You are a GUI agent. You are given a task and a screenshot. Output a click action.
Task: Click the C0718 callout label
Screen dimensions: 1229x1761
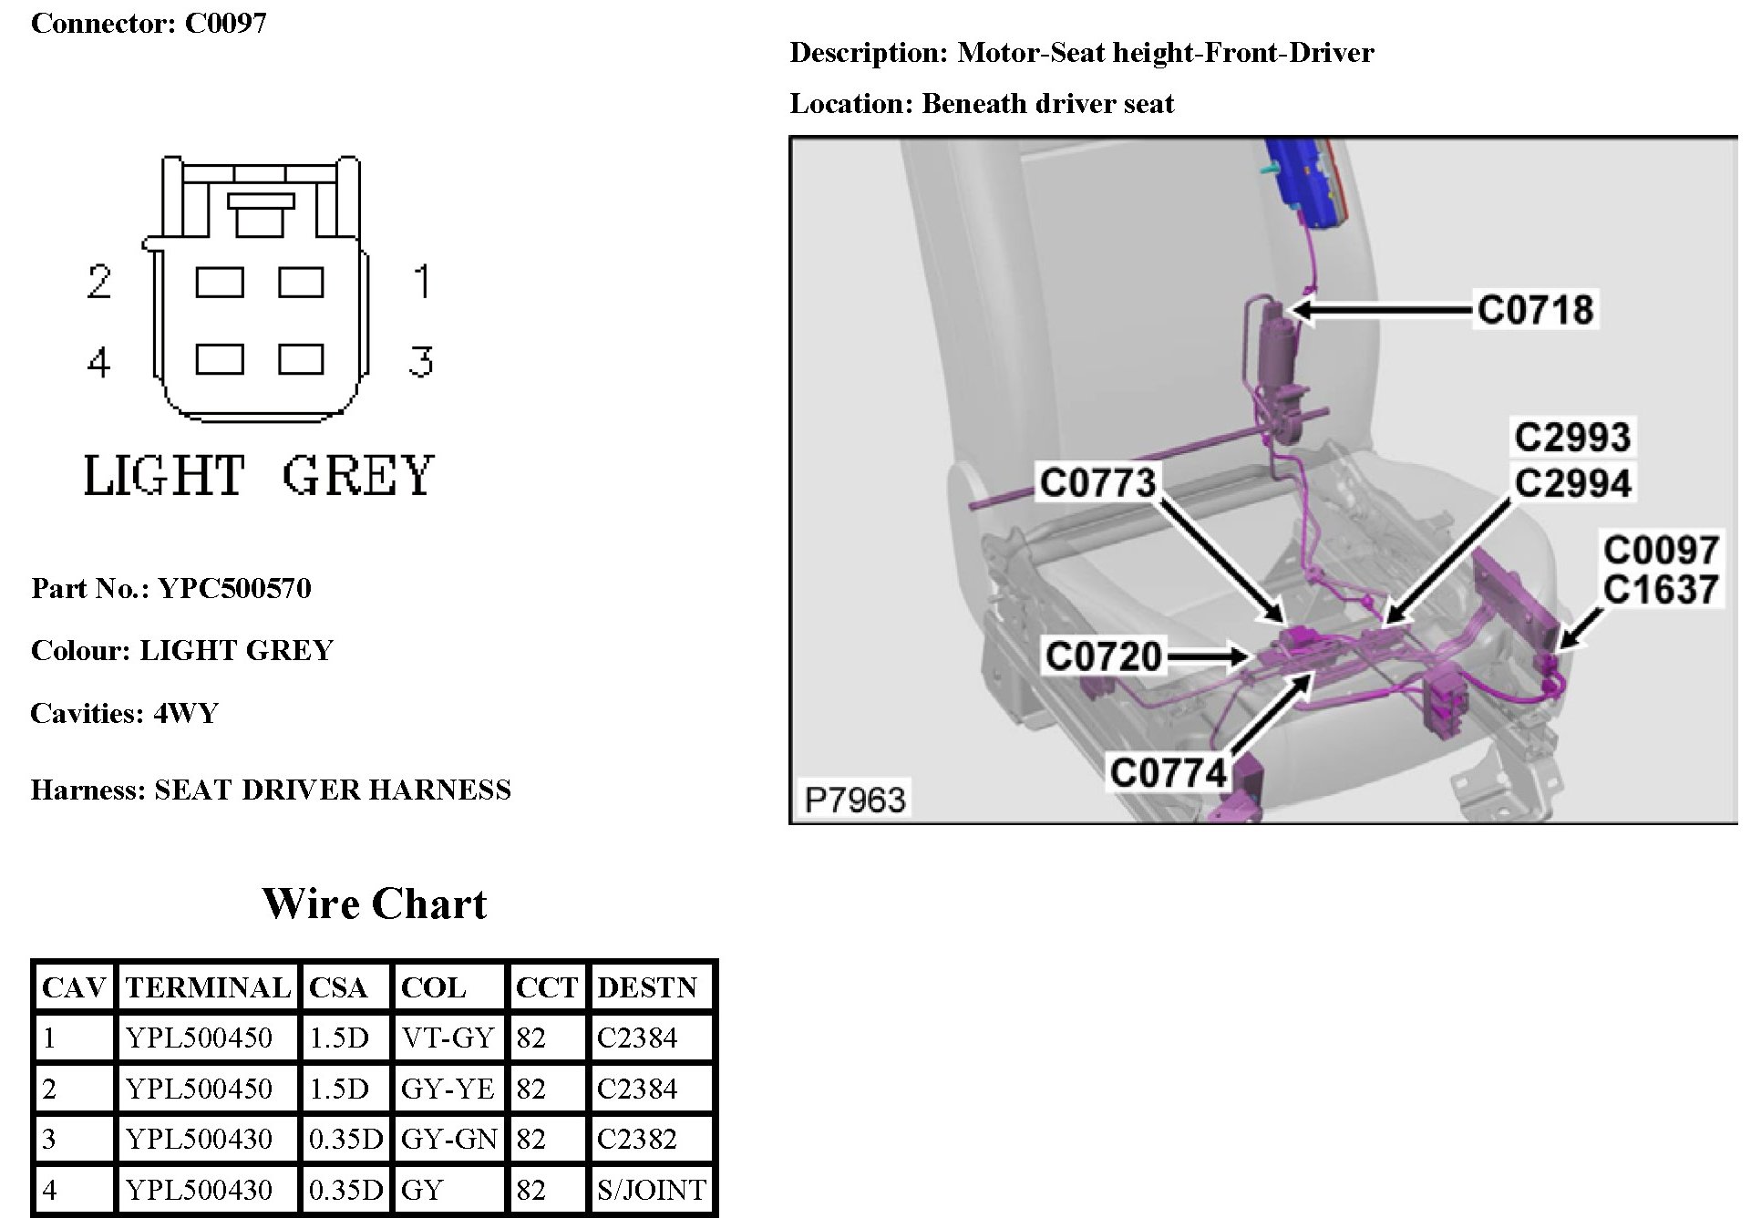(1535, 310)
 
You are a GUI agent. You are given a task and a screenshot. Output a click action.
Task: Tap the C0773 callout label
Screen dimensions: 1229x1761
(1097, 482)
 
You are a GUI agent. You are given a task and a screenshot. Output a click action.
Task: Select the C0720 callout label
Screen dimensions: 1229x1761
(1103, 656)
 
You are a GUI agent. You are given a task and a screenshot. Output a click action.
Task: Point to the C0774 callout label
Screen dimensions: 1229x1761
(1169, 773)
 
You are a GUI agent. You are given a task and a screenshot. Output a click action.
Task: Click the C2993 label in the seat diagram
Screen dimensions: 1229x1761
(1572, 438)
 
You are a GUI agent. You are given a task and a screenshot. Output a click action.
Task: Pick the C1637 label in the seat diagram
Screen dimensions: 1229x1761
(1661, 590)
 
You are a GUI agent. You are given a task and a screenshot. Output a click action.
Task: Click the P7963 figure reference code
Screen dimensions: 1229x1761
(854, 800)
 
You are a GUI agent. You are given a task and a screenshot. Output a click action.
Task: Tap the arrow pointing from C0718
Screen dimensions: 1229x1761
(1381, 311)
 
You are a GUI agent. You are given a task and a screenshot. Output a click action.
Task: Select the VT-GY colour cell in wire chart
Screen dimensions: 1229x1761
(448, 1038)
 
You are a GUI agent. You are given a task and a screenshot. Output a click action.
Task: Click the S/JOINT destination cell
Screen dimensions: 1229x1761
(651, 1190)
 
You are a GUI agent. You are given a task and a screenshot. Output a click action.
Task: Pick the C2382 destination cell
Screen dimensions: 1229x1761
(637, 1139)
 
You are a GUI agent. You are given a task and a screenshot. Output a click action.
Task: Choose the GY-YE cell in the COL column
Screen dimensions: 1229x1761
(448, 1089)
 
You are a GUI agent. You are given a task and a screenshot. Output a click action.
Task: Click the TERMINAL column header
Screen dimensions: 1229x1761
(208, 987)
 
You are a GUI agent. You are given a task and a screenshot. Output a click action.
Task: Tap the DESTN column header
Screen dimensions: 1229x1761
(647, 987)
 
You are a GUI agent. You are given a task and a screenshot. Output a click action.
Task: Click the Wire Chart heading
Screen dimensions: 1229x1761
(374, 904)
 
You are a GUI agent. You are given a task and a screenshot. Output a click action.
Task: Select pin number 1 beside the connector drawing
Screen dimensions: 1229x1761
(421, 281)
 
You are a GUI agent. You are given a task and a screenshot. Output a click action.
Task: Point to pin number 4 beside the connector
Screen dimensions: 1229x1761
(98, 363)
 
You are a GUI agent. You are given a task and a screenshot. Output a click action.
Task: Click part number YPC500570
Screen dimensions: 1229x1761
(234, 588)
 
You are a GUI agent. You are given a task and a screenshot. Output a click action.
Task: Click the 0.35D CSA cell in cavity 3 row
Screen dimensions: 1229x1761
(345, 1139)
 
